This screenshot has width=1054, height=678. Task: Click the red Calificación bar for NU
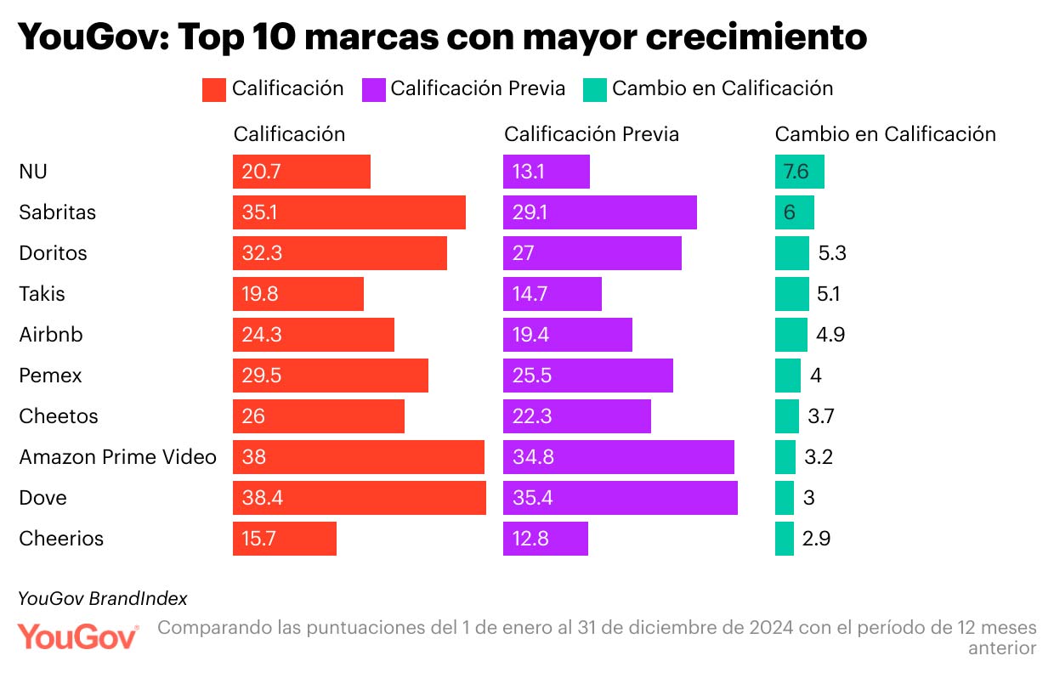pos(302,172)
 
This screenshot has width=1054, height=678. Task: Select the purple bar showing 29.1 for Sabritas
pos(599,212)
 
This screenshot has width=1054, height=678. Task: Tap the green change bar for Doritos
pos(791,253)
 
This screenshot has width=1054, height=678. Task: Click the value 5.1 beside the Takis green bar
pos(828,294)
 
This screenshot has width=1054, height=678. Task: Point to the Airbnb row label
pos(51,335)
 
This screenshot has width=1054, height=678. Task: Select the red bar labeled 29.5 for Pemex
pos(330,376)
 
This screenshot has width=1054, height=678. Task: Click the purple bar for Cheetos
pos(576,416)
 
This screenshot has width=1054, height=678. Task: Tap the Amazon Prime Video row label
pos(117,457)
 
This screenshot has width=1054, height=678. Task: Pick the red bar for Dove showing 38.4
pos(359,498)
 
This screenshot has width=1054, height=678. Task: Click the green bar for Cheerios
pos(784,539)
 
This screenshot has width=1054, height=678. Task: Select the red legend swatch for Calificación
pos(213,89)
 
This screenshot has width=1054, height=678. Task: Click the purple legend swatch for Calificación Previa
pos(373,89)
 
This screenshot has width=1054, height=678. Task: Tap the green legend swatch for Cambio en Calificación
pos(595,89)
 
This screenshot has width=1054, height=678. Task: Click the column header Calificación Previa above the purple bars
pos(592,134)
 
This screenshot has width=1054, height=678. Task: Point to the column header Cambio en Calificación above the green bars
pos(885,134)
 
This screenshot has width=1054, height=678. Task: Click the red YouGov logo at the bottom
pos(78,636)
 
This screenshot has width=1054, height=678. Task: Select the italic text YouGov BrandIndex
pos(103,598)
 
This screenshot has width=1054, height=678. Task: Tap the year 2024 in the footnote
pos(772,628)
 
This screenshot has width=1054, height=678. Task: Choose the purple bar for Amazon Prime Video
pos(618,457)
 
